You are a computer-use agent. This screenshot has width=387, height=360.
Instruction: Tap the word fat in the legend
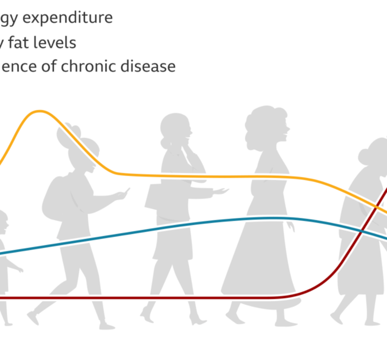point(30,43)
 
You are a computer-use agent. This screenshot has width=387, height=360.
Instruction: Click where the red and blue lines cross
point(363,229)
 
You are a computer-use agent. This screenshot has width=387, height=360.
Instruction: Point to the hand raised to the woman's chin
point(187,149)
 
